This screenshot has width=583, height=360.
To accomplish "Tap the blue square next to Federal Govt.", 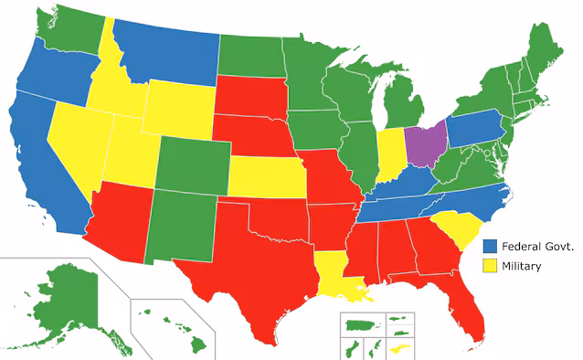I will coord(489,246).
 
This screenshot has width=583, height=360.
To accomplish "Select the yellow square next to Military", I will coord(489,266).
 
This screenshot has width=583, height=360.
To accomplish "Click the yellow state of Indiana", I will coord(391,152).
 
